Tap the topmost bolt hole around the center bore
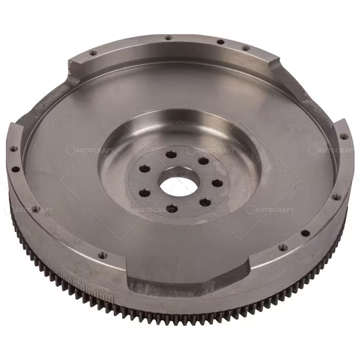pyautogui.click(x=171, y=155)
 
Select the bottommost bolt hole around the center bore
pyautogui.click(x=171, y=208)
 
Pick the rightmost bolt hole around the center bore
pyautogui.click(x=217, y=183)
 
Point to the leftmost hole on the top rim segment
pyautogui.click(x=93, y=53)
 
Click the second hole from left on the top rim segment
pyautogui.click(x=168, y=38)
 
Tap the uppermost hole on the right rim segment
pyautogui.click(x=343, y=136)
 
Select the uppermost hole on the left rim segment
pyautogui.click(x=14, y=148)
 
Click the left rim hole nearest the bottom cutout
pyautogui.click(x=103, y=255)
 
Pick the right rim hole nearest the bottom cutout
pyautogui.click(x=281, y=247)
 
